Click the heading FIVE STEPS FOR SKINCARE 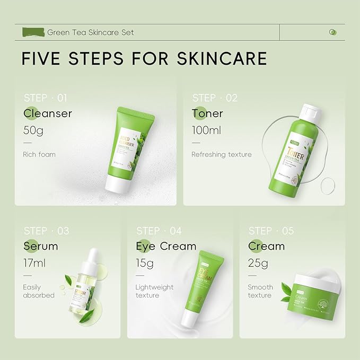pyautogui.click(x=144, y=58)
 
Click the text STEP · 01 pyautogui.click(x=46, y=98)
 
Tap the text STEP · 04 pyautogui.click(x=159, y=231)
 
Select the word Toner pyautogui.click(x=207, y=113)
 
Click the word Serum pyautogui.click(x=41, y=247)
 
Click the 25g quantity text pyautogui.click(x=258, y=262)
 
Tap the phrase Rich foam pyautogui.click(x=39, y=155)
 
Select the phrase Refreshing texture pyautogui.click(x=222, y=155)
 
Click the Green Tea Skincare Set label pyautogui.click(x=91, y=32)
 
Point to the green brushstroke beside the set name pyautogui.click(x=33, y=32)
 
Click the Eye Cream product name pyautogui.click(x=166, y=247)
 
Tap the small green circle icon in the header pyautogui.click(x=332, y=32)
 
